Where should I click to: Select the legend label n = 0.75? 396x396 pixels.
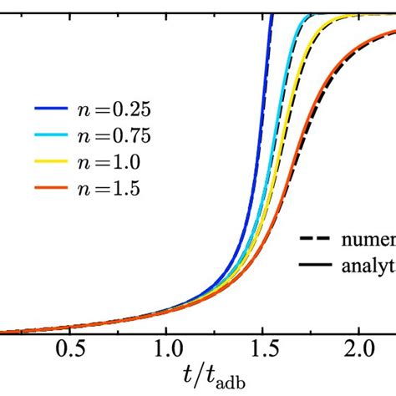pyautogui.click(x=104, y=137)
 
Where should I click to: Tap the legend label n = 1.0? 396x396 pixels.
pyautogui.click(x=99, y=164)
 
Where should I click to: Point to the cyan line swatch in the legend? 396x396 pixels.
pyautogui.click(x=50, y=137)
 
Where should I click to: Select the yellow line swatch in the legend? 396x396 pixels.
pyautogui.click(x=50, y=164)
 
